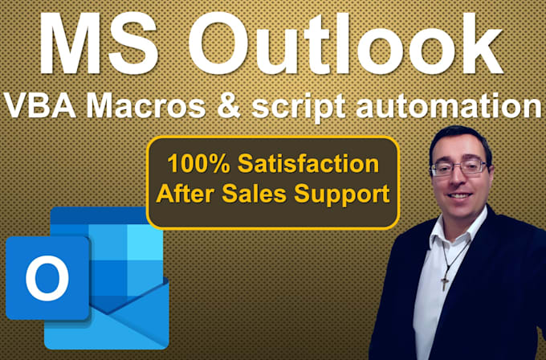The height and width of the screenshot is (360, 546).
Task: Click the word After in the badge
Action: pyautogui.click(x=191, y=193)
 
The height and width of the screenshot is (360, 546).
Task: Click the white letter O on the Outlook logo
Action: pyautogui.click(x=47, y=277)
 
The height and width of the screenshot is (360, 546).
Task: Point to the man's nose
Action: pyautogui.click(x=460, y=182)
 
